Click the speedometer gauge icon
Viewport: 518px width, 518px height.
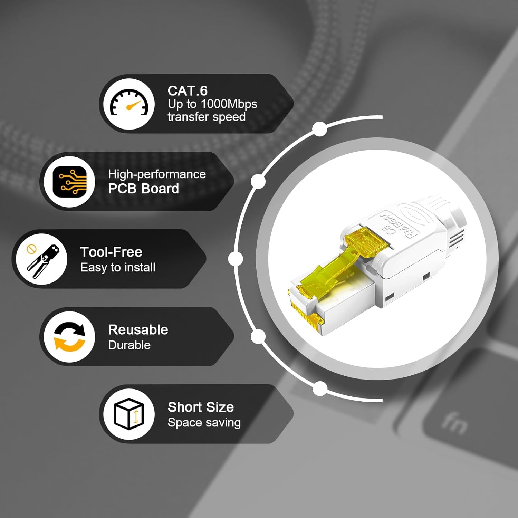[129, 104]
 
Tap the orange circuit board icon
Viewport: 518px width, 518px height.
[69, 182]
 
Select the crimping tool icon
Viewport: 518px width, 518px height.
[42, 259]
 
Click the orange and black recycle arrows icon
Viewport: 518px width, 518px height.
[69, 337]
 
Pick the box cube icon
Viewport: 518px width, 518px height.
[129, 414]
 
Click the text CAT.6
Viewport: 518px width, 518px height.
[188, 91]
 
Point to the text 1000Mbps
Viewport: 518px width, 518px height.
[229, 104]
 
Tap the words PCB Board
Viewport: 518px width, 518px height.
[143, 189]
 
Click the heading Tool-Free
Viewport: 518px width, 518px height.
[111, 252]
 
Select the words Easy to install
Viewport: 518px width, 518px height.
[118, 268]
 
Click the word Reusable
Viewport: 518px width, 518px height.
[138, 330]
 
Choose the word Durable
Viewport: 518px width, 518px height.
[129, 345]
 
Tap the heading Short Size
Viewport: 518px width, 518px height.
[201, 407]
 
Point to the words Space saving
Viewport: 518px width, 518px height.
[204, 423]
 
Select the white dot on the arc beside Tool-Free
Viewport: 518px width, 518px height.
[236, 259]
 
